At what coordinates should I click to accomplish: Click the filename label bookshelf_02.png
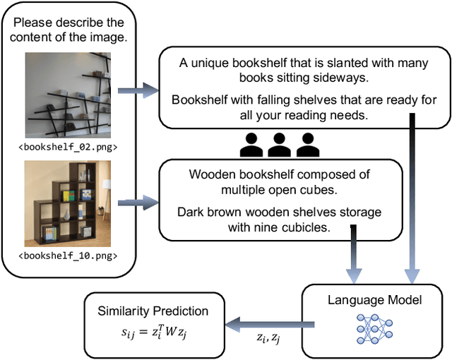click(68, 148)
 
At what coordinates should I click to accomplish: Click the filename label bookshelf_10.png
click(68, 256)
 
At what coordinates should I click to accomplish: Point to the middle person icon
click(278, 145)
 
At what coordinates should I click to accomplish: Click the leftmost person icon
click(251, 145)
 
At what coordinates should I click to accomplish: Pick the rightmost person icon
click(305, 145)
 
